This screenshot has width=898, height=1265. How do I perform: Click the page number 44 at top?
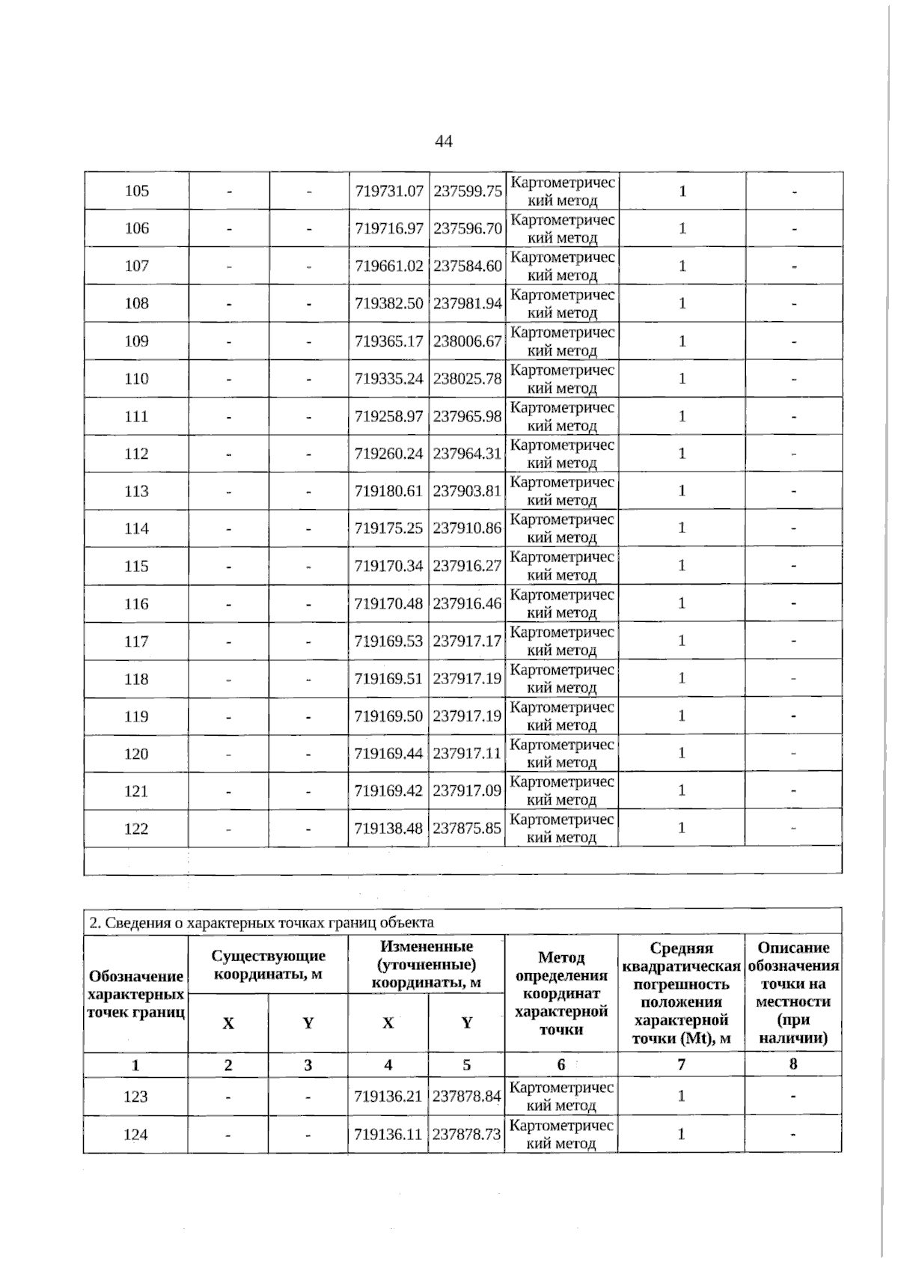click(443, 141)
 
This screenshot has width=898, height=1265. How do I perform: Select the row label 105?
click(136, 191)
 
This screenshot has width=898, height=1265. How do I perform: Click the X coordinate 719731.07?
click(388, 192)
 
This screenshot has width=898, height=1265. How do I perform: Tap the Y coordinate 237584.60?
click(467, 266)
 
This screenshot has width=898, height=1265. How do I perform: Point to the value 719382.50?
click(388, 304)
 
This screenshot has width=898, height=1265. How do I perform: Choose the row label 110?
click(136, 379)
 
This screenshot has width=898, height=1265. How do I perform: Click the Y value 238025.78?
click(467, 379)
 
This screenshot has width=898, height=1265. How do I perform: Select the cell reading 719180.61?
click(388, 492)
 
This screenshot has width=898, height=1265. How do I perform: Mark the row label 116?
click(136, 604)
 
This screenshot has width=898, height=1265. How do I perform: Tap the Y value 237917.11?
click(467, 754)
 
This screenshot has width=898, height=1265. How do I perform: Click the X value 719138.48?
click(388, 829)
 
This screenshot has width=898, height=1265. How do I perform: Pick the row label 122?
click(136, 829)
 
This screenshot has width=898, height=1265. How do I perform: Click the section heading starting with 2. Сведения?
click(261, 922)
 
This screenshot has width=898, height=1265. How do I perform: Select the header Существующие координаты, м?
click(269, 965)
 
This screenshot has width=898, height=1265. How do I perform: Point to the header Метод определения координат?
click(561, 993)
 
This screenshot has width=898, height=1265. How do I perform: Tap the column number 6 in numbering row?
click(561, 1064)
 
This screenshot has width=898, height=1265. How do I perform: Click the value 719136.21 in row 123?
click(388, 1097)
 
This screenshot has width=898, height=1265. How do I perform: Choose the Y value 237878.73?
click(467, 1135)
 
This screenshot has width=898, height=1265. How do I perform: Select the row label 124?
click(135, 1135)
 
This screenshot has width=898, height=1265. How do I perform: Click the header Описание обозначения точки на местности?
click(793, 993)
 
